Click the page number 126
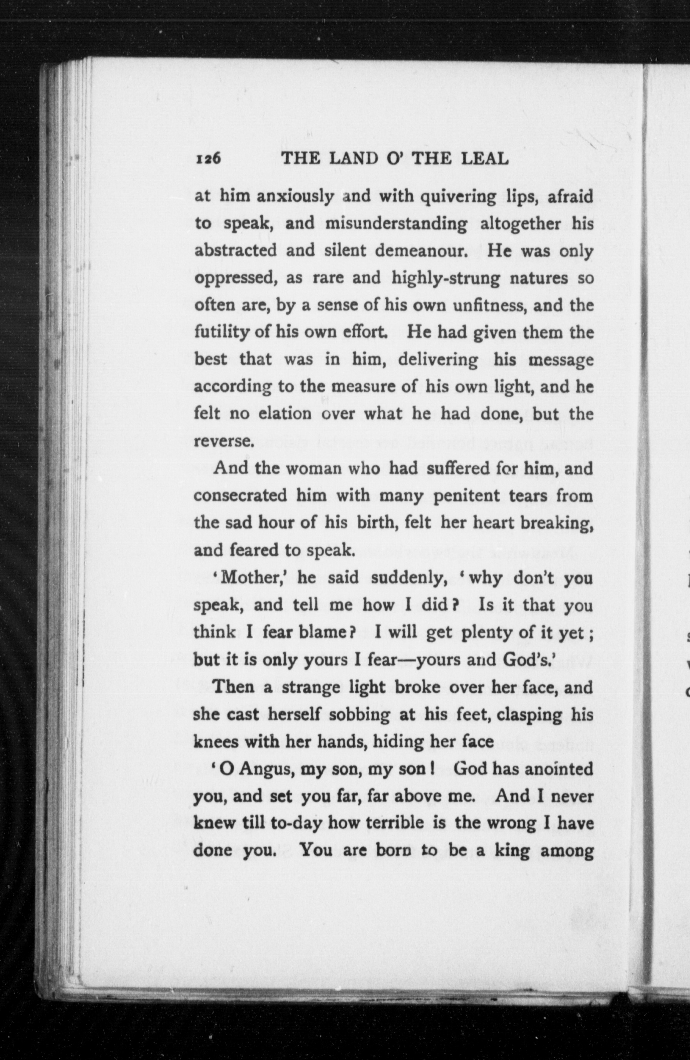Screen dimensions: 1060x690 click(x=208, y=159)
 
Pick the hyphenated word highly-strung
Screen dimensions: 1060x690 click(x=445, y=279)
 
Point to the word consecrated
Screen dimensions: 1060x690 click(x=240, y=496)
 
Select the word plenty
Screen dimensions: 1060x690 click(x=487, y=633)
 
